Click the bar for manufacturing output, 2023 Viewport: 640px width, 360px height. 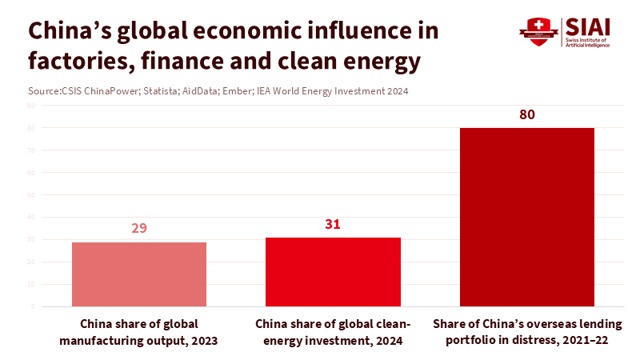pos(139,274)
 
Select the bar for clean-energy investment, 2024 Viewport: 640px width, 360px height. pos(333,271)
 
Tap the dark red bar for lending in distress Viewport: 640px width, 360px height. pos(526,216)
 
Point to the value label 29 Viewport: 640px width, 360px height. pos(139,228)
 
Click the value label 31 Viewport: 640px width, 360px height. pos(333,224)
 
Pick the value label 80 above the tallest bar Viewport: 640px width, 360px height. pos(526,114)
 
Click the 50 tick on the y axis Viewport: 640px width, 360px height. pos(31,194)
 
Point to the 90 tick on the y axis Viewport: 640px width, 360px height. pos(31,106)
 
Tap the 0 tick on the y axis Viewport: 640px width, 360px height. pos(33,306)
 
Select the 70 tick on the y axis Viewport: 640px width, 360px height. pos(31,150)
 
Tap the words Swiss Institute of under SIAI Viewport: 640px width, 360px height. pos(587,40)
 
